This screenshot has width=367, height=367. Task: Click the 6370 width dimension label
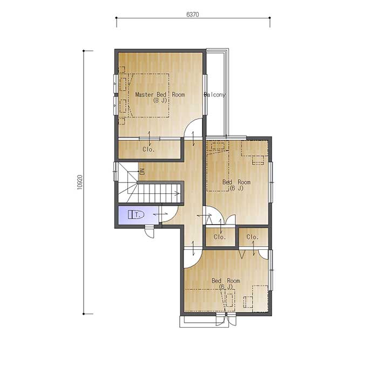(192, 15)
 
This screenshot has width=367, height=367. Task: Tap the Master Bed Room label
(160, 94)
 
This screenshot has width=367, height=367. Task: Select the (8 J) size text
(160, 100)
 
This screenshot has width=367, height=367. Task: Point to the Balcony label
(215, 94)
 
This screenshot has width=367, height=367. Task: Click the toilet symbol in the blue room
(136, 215)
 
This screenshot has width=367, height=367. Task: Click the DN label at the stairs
(142, 172)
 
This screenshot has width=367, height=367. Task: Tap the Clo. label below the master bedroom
(148, 149)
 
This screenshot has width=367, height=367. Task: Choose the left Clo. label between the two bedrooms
(220, 237)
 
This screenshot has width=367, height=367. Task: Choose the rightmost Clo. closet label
(253, 237)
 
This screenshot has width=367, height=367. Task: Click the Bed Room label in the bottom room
(226, 281)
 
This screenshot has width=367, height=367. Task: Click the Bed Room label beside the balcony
(236, 182)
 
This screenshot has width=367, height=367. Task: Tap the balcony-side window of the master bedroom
(205, 94)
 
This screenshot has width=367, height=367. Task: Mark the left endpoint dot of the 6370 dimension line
(117, 18)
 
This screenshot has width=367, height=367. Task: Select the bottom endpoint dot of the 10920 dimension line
(84, 314)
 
